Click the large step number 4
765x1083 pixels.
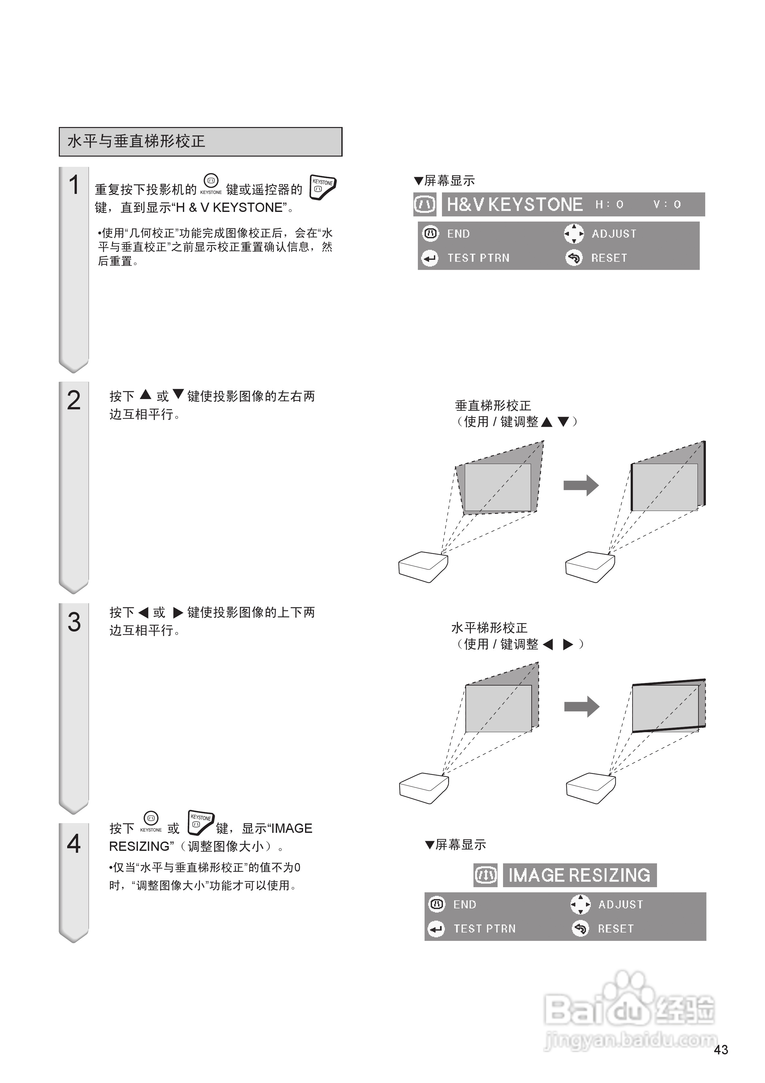[x=74, y=843]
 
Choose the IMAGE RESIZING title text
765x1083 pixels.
[x=579, y=876]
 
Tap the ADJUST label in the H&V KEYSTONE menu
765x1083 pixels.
[x=614, y=234]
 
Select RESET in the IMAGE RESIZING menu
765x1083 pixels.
[x=616, y=929]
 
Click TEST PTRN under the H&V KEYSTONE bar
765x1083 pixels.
[x=478, y=258]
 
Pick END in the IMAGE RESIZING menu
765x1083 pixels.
[x=464, y=905]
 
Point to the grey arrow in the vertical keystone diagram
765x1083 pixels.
[x=581, y=485]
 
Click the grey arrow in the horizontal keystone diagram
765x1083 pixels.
[x=581, y=706]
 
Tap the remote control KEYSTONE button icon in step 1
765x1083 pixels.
[x=323, y=187]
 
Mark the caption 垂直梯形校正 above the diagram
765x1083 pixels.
[x=493, y=406]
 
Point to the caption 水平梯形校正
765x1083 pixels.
[x=489, y=628]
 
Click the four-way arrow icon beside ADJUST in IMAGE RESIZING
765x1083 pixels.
[x=580, y=905]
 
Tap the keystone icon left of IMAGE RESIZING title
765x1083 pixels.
[x=485, y=876]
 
